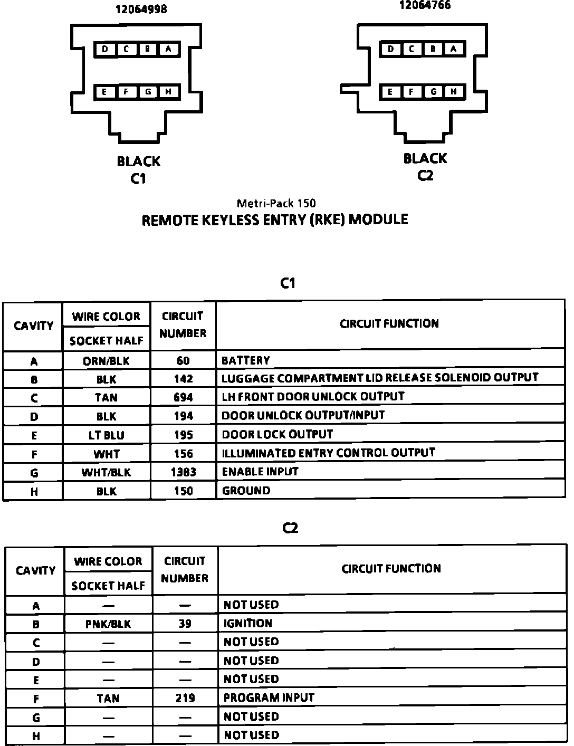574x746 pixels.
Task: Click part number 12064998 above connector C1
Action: tap(141, 9)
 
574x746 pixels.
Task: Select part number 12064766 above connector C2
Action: tap(425, 5)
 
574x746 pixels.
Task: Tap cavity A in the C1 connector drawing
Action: tap(168, 49)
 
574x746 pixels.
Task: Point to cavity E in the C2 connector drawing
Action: tap(390, 92)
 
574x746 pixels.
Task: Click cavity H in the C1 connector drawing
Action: tap(168, 92)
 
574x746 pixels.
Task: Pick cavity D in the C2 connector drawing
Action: tap(390, 49)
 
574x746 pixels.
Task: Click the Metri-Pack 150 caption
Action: tap(276, 203)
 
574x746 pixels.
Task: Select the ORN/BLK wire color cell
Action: tap(106, 361)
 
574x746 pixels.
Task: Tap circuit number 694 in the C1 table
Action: tap(183, 397)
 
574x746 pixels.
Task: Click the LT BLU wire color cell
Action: tap(106, 435)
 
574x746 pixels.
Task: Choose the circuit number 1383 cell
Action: tap(183, 472)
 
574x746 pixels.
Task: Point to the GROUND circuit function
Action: tap(246, 491)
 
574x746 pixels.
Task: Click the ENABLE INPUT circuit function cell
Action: tap(260, 472)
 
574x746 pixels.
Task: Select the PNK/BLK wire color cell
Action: tap(108, 624)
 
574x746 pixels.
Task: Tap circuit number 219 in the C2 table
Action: tap(185, 699)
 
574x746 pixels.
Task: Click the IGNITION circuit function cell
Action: tap(248, 624)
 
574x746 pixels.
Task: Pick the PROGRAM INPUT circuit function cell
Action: tap(269, 697)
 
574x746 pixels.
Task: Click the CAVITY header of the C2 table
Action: tap(35, 571)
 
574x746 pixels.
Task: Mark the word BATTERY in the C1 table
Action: tap(245, 361)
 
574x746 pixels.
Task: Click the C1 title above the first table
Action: tap(288, 284)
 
